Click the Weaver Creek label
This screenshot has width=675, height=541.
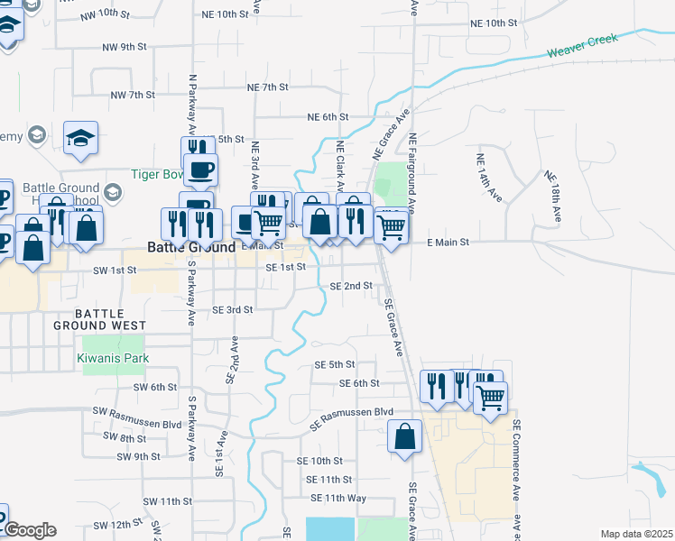click(x=583, y=45)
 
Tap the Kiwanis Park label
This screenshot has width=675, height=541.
click(x=113, y=358)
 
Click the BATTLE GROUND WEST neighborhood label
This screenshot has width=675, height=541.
click(x=101, y=318)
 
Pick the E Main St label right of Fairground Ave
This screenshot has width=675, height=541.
click(x=448, y=243)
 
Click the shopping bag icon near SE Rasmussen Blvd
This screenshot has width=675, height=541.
click(x=405, y=436)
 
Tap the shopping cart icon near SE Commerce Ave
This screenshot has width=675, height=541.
click(x=490, y=396)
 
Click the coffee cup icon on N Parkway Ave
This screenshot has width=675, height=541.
click(x=201, y=169)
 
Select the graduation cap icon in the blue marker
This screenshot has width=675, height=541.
click(x=80, y=139)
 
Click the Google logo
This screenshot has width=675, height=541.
click(x=31, y=530)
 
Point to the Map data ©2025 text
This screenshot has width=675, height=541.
click(x=635, y=534)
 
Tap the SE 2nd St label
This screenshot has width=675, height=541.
click(x=351, y=286)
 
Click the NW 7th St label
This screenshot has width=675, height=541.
click(x=133, y=95)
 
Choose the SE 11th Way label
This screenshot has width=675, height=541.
click(x=338, y=498)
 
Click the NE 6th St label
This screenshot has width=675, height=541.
click(x=328, y=117)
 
